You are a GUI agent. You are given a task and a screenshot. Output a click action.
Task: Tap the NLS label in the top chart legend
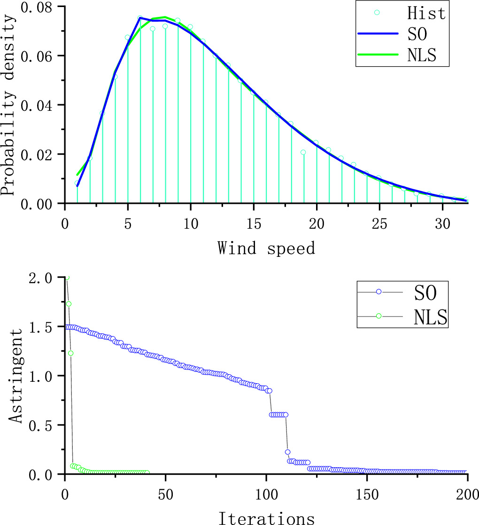pos(421,55)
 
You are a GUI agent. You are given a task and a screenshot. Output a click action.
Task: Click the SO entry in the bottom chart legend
pos(425,293)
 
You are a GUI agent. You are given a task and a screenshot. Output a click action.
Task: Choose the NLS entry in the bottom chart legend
pos(430,317)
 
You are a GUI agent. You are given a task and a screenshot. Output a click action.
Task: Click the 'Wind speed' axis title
pos(266,247)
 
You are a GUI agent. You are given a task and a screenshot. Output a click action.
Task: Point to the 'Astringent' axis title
pos(17,376)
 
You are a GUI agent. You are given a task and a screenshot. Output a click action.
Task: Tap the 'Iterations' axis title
pos(266,518)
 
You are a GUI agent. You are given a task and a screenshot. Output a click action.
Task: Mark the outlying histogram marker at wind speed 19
pos(303,152)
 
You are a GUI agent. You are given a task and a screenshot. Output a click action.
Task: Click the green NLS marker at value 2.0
pos(67,278)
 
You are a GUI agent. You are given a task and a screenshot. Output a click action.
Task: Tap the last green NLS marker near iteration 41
pos(147,472)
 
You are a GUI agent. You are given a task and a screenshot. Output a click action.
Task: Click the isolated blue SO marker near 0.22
pos(287,452)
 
